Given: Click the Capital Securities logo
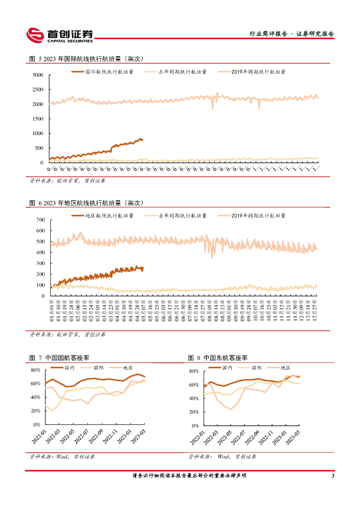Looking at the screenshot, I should pos(60,35).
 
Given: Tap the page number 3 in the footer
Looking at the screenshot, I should pos(332,476).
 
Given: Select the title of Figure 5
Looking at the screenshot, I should pos(87,59).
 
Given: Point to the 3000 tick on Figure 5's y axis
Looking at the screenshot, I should pos(38,75).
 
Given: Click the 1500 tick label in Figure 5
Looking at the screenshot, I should pos(38,119).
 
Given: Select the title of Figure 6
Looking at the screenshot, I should pos(87,203).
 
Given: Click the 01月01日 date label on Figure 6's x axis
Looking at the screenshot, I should pos(52,308).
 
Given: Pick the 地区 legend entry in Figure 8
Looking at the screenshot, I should pos(285,367).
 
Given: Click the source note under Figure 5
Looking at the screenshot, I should pos(68,180).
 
